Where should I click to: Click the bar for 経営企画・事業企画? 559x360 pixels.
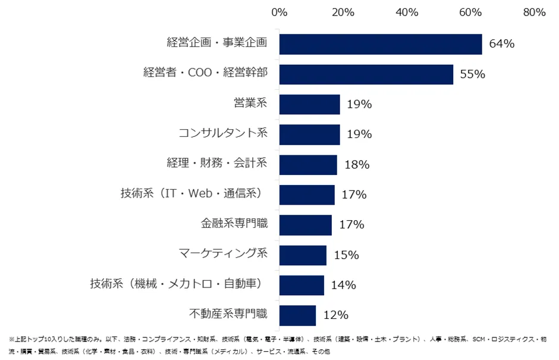click(380, 44)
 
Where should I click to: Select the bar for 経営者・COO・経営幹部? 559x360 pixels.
click(366, 74)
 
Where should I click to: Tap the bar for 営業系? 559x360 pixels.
click(309, 104)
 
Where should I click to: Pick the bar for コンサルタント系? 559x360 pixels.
click(309, 134)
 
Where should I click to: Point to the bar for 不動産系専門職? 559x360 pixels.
click(297, 315)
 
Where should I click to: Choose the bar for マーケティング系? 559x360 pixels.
click(303, 255)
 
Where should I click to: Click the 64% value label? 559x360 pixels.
click(501, 44)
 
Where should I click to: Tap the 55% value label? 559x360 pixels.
click(473, 74)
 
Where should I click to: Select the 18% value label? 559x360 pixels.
click(357, 165)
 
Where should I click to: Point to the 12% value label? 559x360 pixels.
click(335, 315)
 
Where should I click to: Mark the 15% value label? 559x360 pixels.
click(346, 255)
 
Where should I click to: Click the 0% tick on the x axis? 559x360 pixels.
click(279, 12)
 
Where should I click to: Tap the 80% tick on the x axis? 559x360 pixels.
click(534, 12)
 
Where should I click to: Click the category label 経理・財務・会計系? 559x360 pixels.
click(216, 162)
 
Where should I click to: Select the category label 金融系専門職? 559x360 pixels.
click(234, 223)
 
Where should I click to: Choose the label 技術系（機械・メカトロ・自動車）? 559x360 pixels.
click(177, 283)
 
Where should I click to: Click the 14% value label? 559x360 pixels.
click(343, 285)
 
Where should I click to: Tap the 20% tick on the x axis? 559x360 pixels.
click(343, 12)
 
